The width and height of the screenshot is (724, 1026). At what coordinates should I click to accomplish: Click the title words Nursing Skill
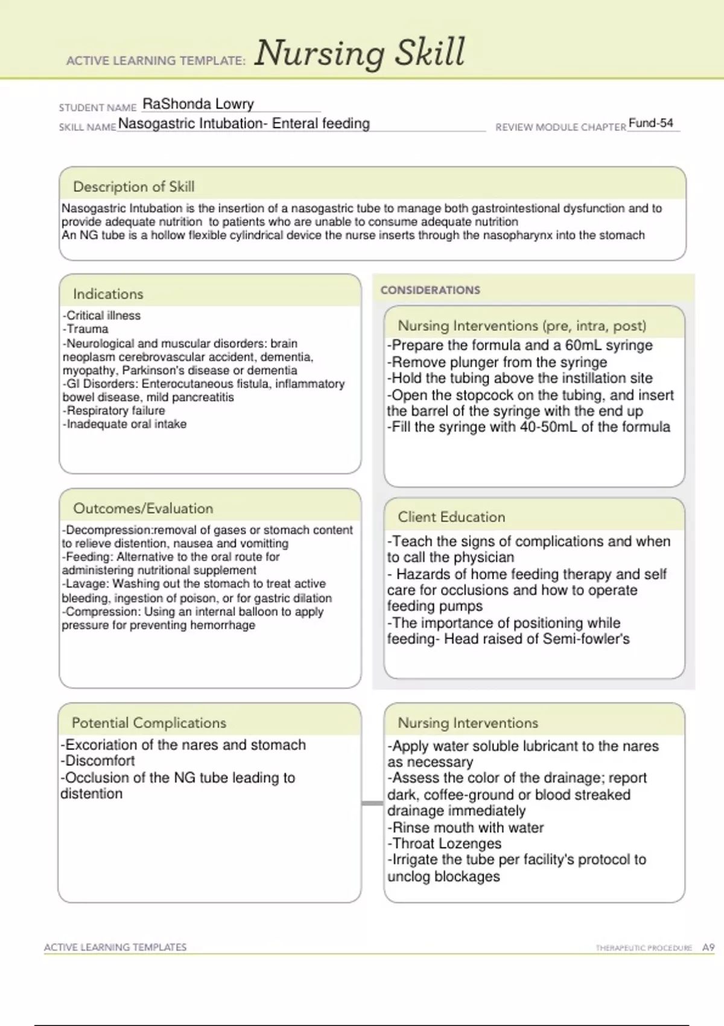point(360,53)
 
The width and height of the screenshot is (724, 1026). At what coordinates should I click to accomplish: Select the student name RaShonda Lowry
point(198,104)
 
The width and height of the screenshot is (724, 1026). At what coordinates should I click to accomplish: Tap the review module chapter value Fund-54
point(650,123)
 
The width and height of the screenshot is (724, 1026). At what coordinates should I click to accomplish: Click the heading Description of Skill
point(133,186)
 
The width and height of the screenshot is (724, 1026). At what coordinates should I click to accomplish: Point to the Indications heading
point(108,294)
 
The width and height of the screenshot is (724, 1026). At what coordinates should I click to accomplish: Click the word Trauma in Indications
point(88,329)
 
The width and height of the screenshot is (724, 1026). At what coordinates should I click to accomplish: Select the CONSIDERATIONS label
point(430,290)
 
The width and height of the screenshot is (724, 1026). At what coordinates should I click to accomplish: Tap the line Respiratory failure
point(115,410)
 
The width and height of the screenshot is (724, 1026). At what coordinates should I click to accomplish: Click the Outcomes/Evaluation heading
point(143,508)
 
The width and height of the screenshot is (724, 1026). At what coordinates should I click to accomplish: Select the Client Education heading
point(451,517)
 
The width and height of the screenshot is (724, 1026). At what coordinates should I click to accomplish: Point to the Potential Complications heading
point(148,722)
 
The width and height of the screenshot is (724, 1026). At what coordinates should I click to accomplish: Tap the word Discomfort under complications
point(100,761)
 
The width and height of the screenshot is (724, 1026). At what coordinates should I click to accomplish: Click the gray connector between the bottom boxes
point(372,803)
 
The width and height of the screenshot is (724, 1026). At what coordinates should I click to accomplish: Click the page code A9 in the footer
point(708,948)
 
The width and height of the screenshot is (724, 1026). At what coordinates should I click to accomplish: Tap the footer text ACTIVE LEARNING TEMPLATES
point(115,948)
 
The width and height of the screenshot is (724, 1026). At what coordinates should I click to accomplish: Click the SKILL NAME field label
point(87,127)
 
